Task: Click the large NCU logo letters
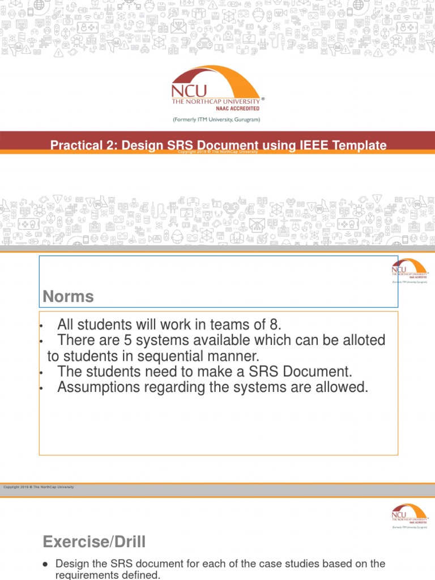(x=189, y=91)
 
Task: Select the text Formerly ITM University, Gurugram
(x=216, y=120)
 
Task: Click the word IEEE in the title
(x=310, y=146)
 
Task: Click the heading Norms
(x=69, y=296)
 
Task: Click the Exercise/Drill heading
(x=94, y=542)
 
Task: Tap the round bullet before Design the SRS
(x=45, y=564)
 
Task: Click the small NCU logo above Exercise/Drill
(x=410, y=514)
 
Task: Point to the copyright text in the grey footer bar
(x=39, y=487)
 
